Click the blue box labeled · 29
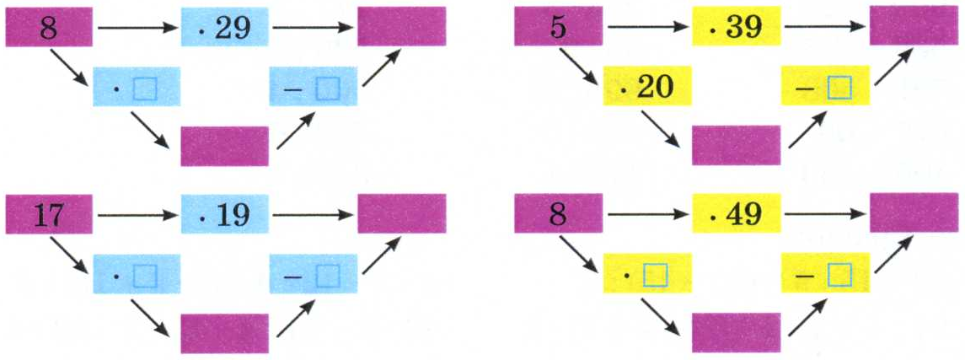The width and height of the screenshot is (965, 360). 225,27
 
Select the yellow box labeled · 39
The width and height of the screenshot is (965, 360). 736,26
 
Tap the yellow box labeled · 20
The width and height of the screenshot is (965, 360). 646,86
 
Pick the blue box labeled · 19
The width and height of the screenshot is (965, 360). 225,214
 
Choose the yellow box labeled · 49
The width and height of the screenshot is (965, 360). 736,213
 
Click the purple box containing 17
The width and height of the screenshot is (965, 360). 49,214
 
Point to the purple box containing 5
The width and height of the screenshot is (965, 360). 558,26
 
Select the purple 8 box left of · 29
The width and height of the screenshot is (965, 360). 49,27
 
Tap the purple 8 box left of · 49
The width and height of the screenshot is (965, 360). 558,213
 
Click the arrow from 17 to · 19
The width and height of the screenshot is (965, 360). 137,215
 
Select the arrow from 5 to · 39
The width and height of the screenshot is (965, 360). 647,27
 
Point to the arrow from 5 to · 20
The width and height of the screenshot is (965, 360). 578,67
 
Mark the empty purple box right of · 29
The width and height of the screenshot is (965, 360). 402,27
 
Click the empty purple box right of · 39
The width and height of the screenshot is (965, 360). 914,26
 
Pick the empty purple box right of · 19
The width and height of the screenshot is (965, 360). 402,214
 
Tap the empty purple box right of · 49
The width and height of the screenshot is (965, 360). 914,213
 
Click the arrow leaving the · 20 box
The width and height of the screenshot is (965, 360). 661,129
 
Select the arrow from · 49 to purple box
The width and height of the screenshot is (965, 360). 825,214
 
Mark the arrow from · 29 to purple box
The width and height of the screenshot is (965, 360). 314,28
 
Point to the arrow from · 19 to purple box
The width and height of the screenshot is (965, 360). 314,215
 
